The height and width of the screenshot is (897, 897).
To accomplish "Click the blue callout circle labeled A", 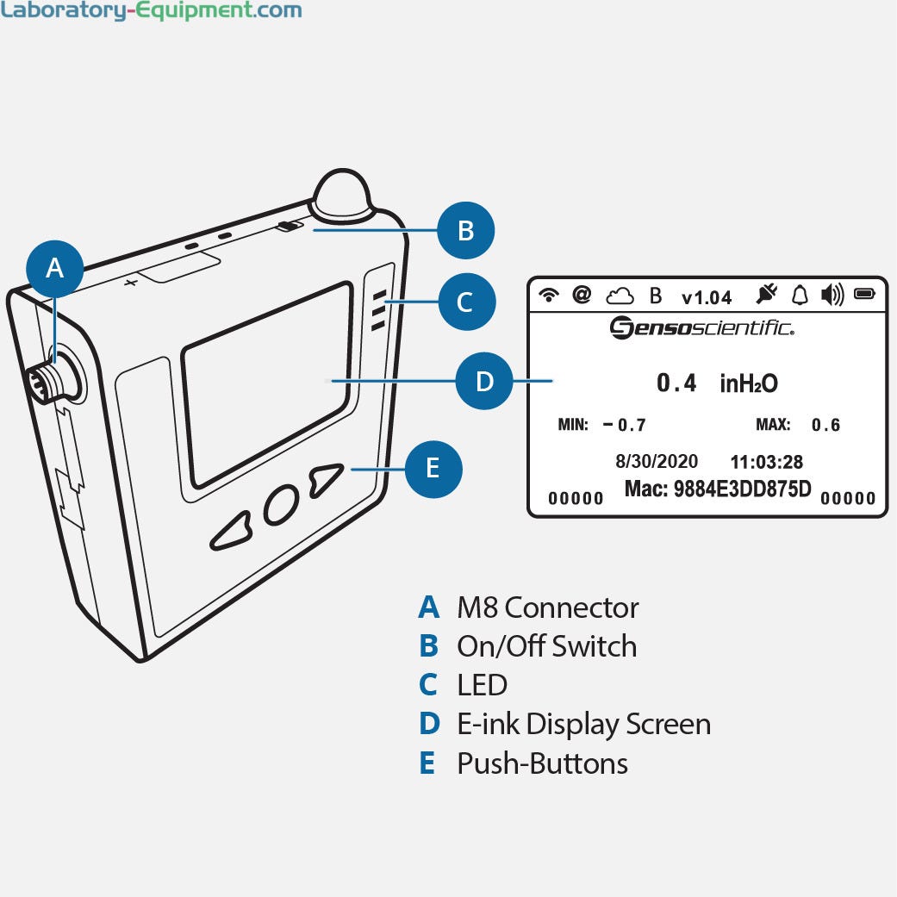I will pyautogui.click(x=54, y=268).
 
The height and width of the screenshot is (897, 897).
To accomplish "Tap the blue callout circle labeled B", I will pyautogui.click(x=465, y=230).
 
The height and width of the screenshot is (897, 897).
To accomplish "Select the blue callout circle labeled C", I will pyautogui.click(x=464, y=302).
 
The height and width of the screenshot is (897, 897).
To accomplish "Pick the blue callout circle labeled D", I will pyautogui.click(x=484, y=381).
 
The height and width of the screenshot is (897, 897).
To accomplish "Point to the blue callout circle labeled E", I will pyautogui.click(x=433, y=468).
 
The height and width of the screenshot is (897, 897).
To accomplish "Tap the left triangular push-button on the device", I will pyautogui.click(x=230, y=533).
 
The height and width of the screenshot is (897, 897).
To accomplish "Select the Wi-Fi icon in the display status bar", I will pyautogui.click(x=548, y=296).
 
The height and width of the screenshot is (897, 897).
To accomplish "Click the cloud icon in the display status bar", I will pyautogui.click(x=619, y=296).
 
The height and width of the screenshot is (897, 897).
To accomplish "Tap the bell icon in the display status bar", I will pyautogui.click(x=800, y=296).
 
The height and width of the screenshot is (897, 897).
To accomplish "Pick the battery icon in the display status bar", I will pyautogui.click(x=863, y=295).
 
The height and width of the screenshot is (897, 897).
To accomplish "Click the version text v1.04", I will pyautogui.click(x=706, y=297).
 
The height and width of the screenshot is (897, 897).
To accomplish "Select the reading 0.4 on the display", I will pyautogui.click(x=676, y=383).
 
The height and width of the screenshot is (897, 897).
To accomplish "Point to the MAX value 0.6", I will pyautogui.click(x=825, y=425).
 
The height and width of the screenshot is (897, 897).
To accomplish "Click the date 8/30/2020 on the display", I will pyautogui.click(x=657, y=462).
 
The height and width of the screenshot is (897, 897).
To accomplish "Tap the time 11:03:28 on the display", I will pyautogui.click(x=767, y=462).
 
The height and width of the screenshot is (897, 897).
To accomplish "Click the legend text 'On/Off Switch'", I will pyautogui.click(x=546, y=646).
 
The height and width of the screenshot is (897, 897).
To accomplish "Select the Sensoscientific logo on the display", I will pyautogui.click(x=702, y=327).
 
